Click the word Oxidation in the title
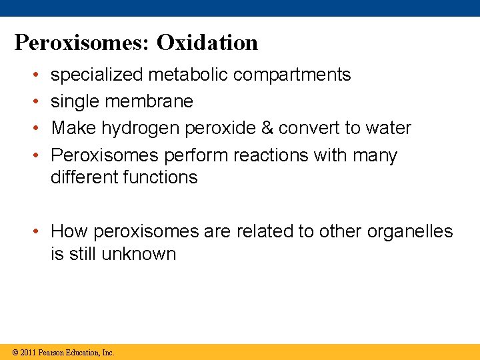tap(207, 43)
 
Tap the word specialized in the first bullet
tap(97, 75)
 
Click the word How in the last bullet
tap(70, 231)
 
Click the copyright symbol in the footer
tap(15, 352)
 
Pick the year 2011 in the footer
tap(28, 352)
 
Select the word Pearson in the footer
tap(51, 352)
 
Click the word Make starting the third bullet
tap(70, 128)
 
